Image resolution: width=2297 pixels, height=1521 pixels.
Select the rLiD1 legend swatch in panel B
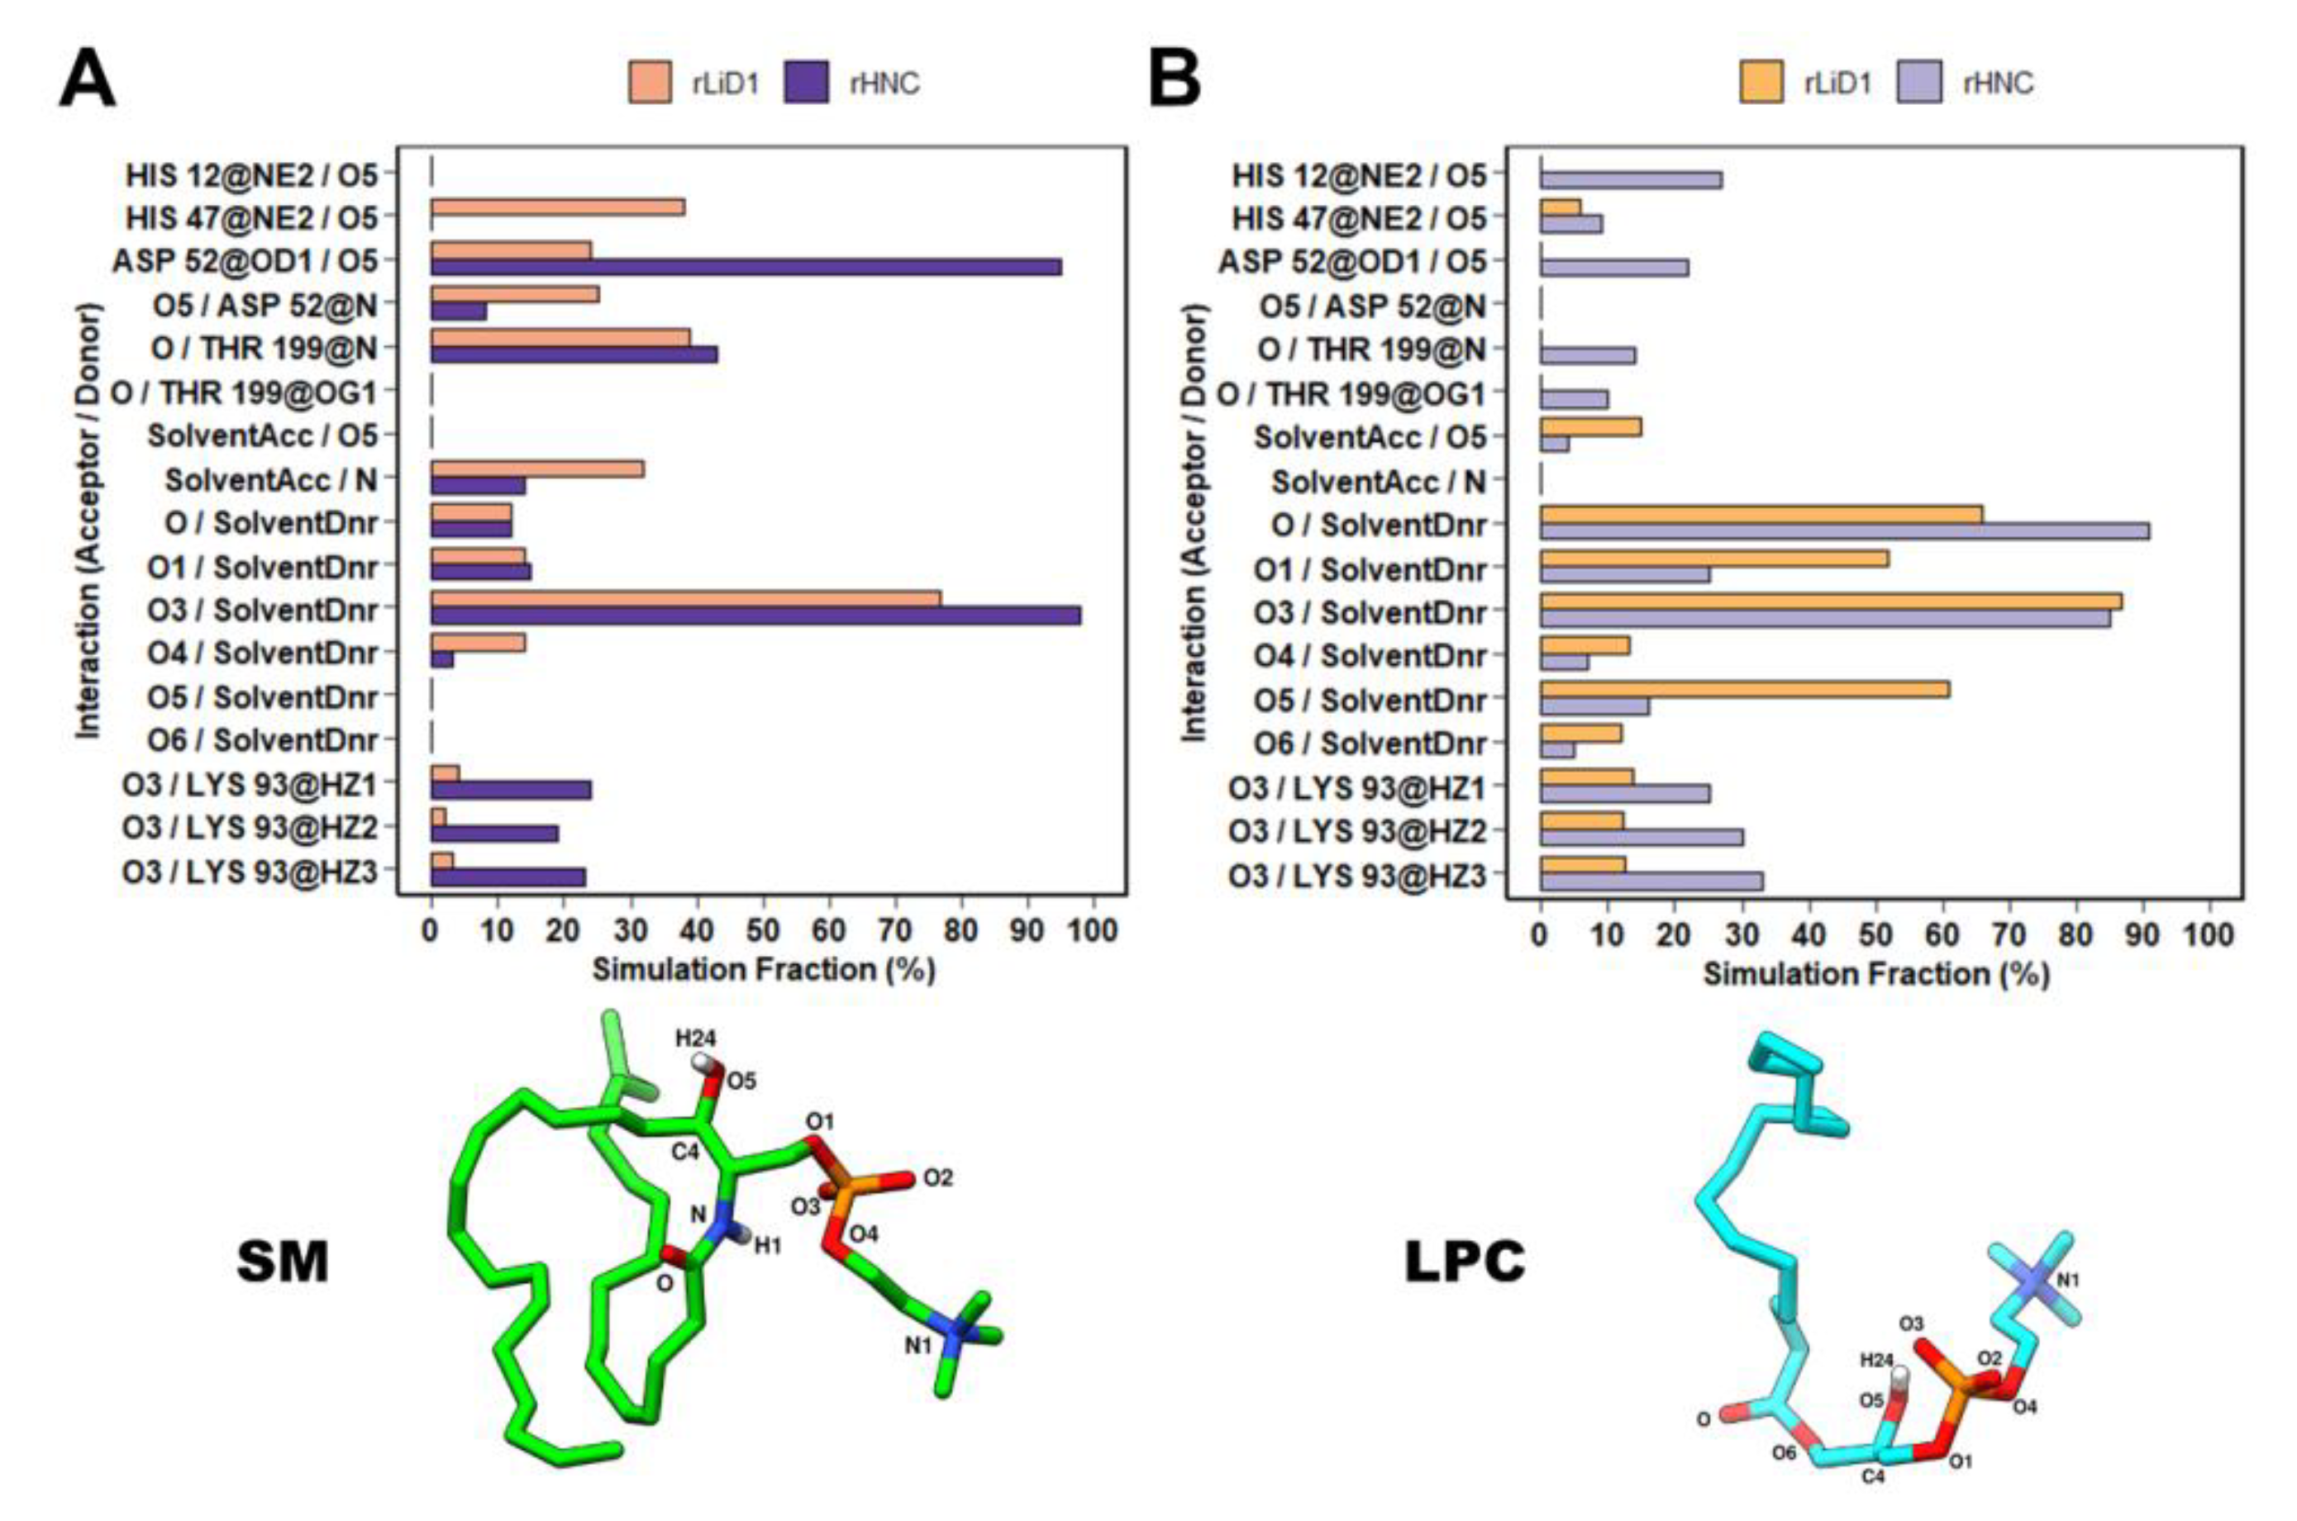point(1760,83)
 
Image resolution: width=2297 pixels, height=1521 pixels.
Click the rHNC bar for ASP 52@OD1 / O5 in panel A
point(746,267)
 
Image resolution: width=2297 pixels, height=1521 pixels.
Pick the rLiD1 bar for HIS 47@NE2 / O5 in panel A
point(557,207)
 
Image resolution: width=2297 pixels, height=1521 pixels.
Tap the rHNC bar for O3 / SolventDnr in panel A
point(755,616)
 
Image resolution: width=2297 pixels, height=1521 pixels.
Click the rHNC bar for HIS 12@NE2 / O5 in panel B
point(1630,180)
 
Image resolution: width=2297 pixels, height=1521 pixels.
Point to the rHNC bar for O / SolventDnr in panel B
point(1844,530)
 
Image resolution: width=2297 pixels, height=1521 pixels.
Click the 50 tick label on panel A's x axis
point(763,930)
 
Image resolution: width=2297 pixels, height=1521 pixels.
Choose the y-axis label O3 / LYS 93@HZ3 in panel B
point(1356,875)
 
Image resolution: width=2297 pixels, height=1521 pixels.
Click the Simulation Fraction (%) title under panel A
point(763,969)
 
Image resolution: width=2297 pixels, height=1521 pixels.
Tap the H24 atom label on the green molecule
point(696,1039)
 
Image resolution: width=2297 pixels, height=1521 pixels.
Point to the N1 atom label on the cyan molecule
point(2068,1281)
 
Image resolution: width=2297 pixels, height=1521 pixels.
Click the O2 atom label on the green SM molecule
point(937,1177)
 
